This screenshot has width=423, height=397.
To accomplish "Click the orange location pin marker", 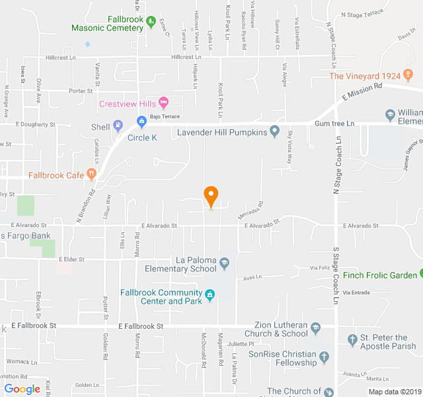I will tap(211, 196).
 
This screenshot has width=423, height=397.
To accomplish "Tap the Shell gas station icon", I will tap(118, 125).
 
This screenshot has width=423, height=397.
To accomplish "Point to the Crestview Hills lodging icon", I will tap(164, 103).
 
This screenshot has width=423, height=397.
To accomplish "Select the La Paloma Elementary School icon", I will tap(225, 264).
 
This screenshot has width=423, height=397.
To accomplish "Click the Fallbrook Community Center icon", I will tap(210, 294).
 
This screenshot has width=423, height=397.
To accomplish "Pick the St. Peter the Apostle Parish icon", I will tap(352, 340).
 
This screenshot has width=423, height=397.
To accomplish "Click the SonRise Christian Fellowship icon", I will tap(324, 358).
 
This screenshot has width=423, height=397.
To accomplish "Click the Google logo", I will tap(22, 389).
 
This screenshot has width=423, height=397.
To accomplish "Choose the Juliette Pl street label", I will tap(241, 344).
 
